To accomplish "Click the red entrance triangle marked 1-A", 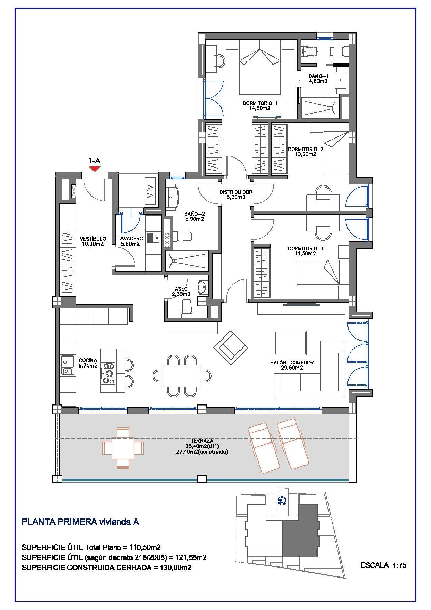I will [x=94, y=169].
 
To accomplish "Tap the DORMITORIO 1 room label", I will [x=260, y=105].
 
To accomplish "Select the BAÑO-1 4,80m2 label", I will [x=318, y=79].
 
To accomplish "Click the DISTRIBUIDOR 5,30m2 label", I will [x=236, y=194].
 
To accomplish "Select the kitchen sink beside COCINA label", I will [x=67, y=365].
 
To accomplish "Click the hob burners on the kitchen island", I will [x=109, y=373].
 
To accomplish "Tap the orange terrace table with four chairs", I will [x=123, y=448].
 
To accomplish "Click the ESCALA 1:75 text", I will [x=383, y=565].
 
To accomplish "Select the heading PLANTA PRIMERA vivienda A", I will [x=80, y=522].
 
